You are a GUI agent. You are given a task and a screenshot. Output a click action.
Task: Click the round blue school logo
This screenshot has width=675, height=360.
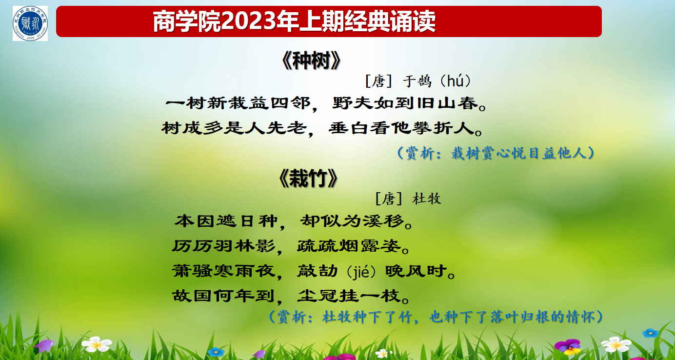tap(30, 23)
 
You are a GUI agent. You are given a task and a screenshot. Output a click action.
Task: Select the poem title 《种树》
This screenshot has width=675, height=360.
tap(311, 60)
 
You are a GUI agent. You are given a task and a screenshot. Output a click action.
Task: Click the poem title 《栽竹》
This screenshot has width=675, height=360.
tap(308, 178)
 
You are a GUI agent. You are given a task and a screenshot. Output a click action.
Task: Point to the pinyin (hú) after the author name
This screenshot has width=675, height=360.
tap(456, 81)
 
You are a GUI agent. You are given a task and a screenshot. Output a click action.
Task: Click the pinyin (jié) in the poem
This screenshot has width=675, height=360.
tap(361, 272)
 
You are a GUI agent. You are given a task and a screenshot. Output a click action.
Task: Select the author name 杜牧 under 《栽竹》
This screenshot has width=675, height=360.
tap(427, 199)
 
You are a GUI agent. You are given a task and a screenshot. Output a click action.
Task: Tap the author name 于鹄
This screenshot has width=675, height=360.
tap(417, 81)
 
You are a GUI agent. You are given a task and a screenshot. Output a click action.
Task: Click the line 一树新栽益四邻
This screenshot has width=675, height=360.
tap(238, 103)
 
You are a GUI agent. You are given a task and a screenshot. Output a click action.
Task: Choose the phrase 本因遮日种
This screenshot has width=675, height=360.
tap(226, 221)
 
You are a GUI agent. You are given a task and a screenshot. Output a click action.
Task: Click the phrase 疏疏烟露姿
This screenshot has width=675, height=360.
tap(349, 246)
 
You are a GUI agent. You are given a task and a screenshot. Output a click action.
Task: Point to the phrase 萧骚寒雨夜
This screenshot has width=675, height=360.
tap(224, 271)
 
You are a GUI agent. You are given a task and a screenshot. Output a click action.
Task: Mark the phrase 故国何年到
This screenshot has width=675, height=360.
tap(223, 296)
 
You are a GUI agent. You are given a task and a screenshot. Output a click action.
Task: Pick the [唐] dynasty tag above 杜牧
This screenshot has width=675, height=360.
tap(388, 199)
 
